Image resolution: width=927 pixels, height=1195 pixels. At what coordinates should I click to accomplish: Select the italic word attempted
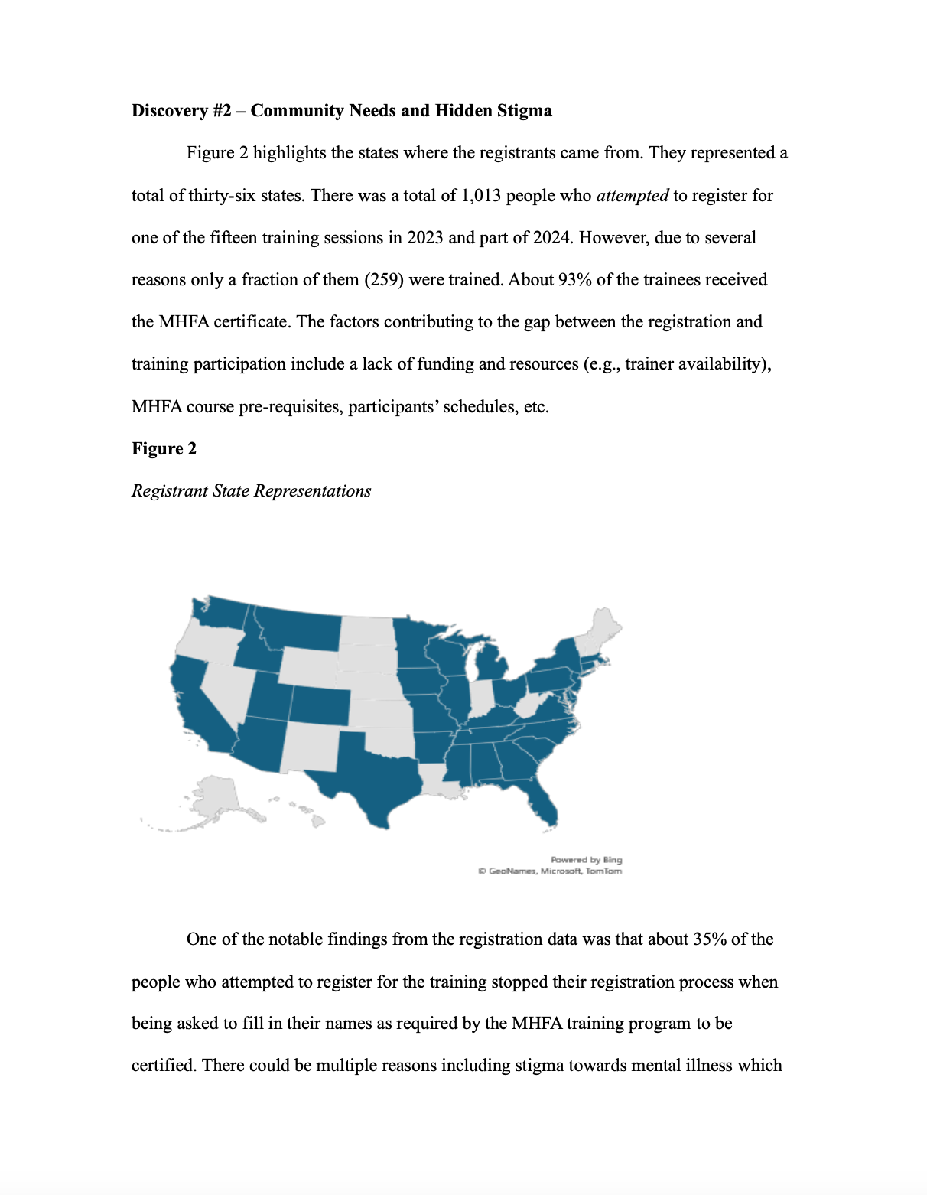pos(632,196)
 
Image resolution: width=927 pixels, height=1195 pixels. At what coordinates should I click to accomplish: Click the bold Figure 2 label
pos(164,449)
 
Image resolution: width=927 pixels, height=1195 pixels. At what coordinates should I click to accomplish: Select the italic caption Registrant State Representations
pos(251,491)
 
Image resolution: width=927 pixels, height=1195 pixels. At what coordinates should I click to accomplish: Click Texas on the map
pos(371,773)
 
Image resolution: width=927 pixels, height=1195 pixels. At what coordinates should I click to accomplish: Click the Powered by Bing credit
pos(586,860)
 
